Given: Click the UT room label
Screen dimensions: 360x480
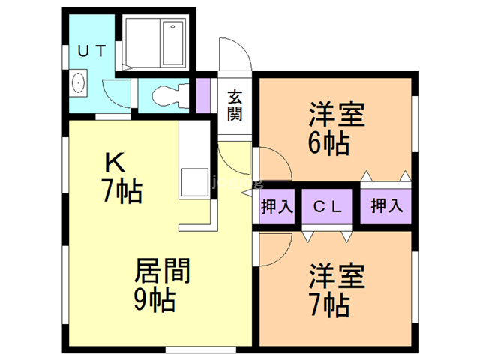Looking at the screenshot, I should (93, 50).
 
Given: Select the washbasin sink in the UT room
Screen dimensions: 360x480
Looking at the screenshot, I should (78, 84).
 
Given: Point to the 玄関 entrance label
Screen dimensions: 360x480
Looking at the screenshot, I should (235, 105).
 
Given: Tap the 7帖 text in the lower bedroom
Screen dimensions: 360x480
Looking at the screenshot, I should (329, 304).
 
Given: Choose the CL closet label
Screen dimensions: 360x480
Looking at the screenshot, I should (328, 205).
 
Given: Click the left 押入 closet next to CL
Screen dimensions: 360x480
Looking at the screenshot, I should (277, 205).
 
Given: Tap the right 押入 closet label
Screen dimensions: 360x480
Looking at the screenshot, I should (386, 205).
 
